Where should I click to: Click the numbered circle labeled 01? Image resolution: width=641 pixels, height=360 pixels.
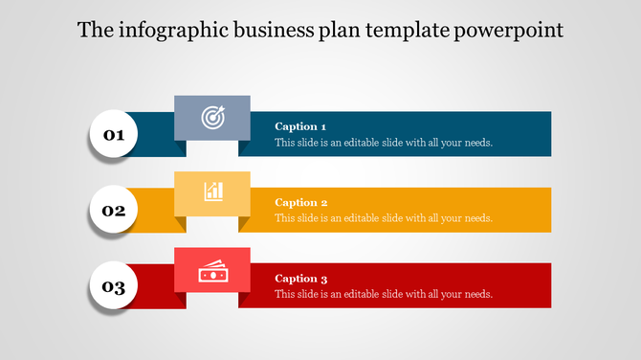coord(114,135)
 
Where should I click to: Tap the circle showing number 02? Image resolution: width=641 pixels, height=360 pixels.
coord(114,211)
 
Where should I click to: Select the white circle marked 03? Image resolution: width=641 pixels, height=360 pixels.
coord(114,287)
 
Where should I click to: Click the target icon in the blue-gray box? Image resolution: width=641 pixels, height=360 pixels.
coord(212,117)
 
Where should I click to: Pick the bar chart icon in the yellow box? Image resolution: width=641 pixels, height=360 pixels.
coord(212,191)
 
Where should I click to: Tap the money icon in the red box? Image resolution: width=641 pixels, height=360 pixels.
coord(212,272)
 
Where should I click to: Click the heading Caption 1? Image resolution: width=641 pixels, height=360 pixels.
coord(300,126)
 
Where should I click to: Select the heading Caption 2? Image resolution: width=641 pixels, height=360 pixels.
coord(300,202)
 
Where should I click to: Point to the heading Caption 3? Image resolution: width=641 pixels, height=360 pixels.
coord(300,279)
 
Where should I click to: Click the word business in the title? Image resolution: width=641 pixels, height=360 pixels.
coord(270,30)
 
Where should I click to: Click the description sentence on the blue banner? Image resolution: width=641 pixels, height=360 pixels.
coord(384,143)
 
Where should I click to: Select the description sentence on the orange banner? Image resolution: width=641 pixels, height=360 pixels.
coord(384,218)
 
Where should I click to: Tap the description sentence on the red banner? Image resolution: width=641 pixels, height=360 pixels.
coord(384,294)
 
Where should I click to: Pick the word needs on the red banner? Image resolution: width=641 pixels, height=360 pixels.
coord(477,294)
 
